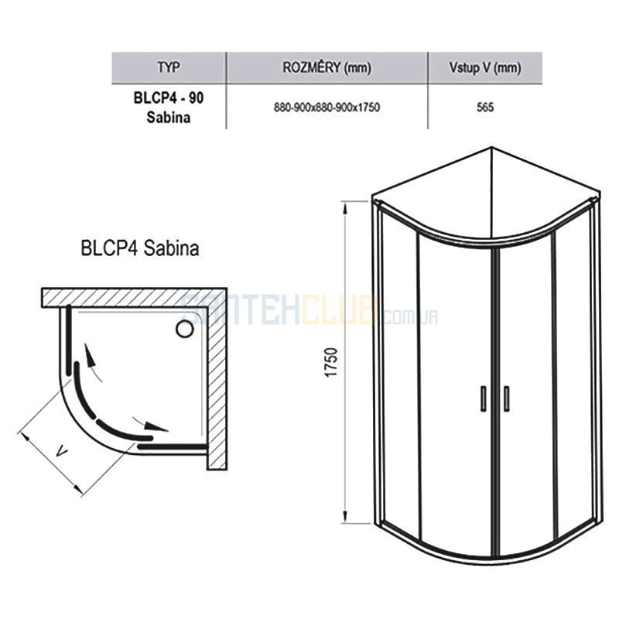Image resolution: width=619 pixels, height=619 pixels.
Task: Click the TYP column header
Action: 169,67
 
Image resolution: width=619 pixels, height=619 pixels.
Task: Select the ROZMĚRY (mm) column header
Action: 327,67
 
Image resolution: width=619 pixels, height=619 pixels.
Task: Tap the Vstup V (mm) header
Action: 485,67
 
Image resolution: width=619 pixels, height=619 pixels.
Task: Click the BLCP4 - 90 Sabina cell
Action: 169,108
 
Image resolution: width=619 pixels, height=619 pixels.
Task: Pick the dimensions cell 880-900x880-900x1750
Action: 327,108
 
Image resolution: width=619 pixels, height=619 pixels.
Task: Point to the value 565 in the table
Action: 485,108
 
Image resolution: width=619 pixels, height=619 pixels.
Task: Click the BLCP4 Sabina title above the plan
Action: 140,248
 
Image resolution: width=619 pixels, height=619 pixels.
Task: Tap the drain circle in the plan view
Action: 184,328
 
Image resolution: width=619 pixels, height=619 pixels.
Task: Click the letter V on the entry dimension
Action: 62,451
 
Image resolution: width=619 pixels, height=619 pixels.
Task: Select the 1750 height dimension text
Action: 331,362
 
